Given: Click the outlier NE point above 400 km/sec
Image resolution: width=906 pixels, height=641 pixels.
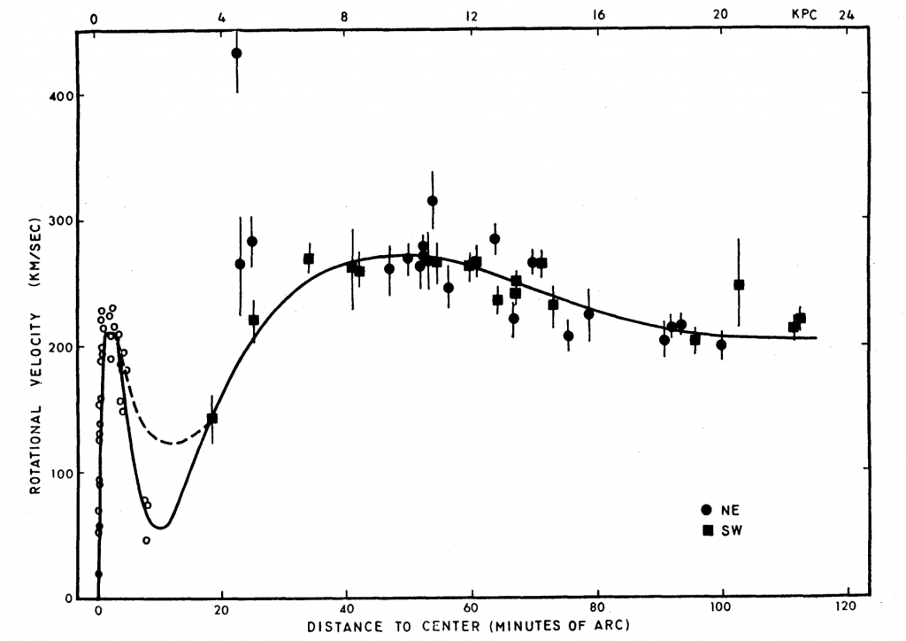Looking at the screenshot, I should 236,53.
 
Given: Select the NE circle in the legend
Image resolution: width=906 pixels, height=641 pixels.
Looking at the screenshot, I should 706,509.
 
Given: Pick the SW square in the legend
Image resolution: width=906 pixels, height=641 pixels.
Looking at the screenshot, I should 706,529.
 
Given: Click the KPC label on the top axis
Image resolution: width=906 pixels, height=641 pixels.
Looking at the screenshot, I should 805,14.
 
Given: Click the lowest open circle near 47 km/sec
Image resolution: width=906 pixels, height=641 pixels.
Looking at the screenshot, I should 146,540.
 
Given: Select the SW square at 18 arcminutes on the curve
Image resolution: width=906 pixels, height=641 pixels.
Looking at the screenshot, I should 211,418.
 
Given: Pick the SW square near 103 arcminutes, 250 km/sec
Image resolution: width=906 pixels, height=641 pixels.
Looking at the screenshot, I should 739,284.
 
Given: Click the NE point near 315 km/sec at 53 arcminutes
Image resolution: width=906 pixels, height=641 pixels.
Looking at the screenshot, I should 432,201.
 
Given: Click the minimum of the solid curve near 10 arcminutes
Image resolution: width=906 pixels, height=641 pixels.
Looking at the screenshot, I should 163,529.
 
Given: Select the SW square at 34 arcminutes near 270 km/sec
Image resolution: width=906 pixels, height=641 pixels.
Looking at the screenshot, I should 309,259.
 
